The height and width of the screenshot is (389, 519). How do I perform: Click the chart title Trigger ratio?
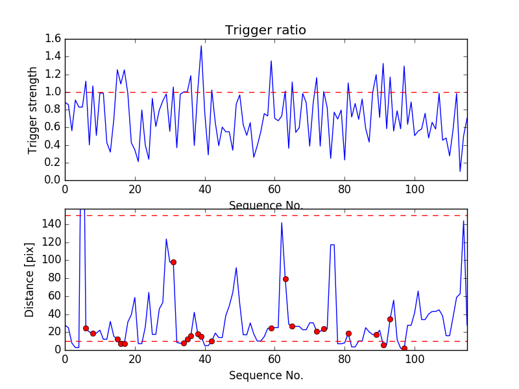265,30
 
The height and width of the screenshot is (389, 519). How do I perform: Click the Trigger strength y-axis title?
33,110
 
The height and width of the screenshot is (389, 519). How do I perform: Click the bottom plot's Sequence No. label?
265,375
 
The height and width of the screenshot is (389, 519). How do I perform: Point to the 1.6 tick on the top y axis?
54,39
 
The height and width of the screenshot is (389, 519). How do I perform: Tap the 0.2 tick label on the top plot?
54,163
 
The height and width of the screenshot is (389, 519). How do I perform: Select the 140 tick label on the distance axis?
51,224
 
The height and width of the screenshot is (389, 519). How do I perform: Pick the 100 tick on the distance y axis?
51,260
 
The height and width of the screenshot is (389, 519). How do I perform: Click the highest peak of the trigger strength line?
201,45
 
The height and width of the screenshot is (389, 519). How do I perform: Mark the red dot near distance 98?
173,262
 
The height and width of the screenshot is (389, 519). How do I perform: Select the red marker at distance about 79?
285,279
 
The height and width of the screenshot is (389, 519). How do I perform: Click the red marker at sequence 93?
390,319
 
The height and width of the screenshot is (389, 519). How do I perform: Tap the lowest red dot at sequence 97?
404,348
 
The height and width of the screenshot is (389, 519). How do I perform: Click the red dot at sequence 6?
86,328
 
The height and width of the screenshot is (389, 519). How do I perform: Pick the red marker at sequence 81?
348,333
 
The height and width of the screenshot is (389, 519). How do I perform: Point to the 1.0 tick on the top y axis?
54,92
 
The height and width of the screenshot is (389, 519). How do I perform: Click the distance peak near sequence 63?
282,223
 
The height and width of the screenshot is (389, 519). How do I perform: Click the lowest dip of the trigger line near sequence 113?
460,171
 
